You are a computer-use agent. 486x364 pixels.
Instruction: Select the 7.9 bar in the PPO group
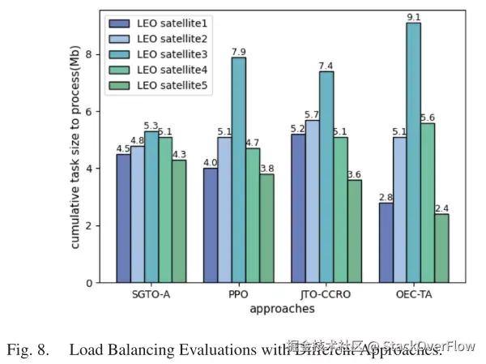pos(239,169)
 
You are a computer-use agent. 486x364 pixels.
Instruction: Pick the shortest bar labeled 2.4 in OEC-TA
pos(442,248)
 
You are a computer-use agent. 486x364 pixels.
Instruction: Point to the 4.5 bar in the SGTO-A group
pos(123,218)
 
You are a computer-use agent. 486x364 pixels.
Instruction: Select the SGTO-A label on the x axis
pos(152,295)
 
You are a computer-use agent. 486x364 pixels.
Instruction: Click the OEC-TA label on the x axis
pos(413,295)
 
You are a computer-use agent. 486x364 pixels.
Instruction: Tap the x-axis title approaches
pos(283,309)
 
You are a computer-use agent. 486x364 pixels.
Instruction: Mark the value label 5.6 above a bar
pos(427,118)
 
